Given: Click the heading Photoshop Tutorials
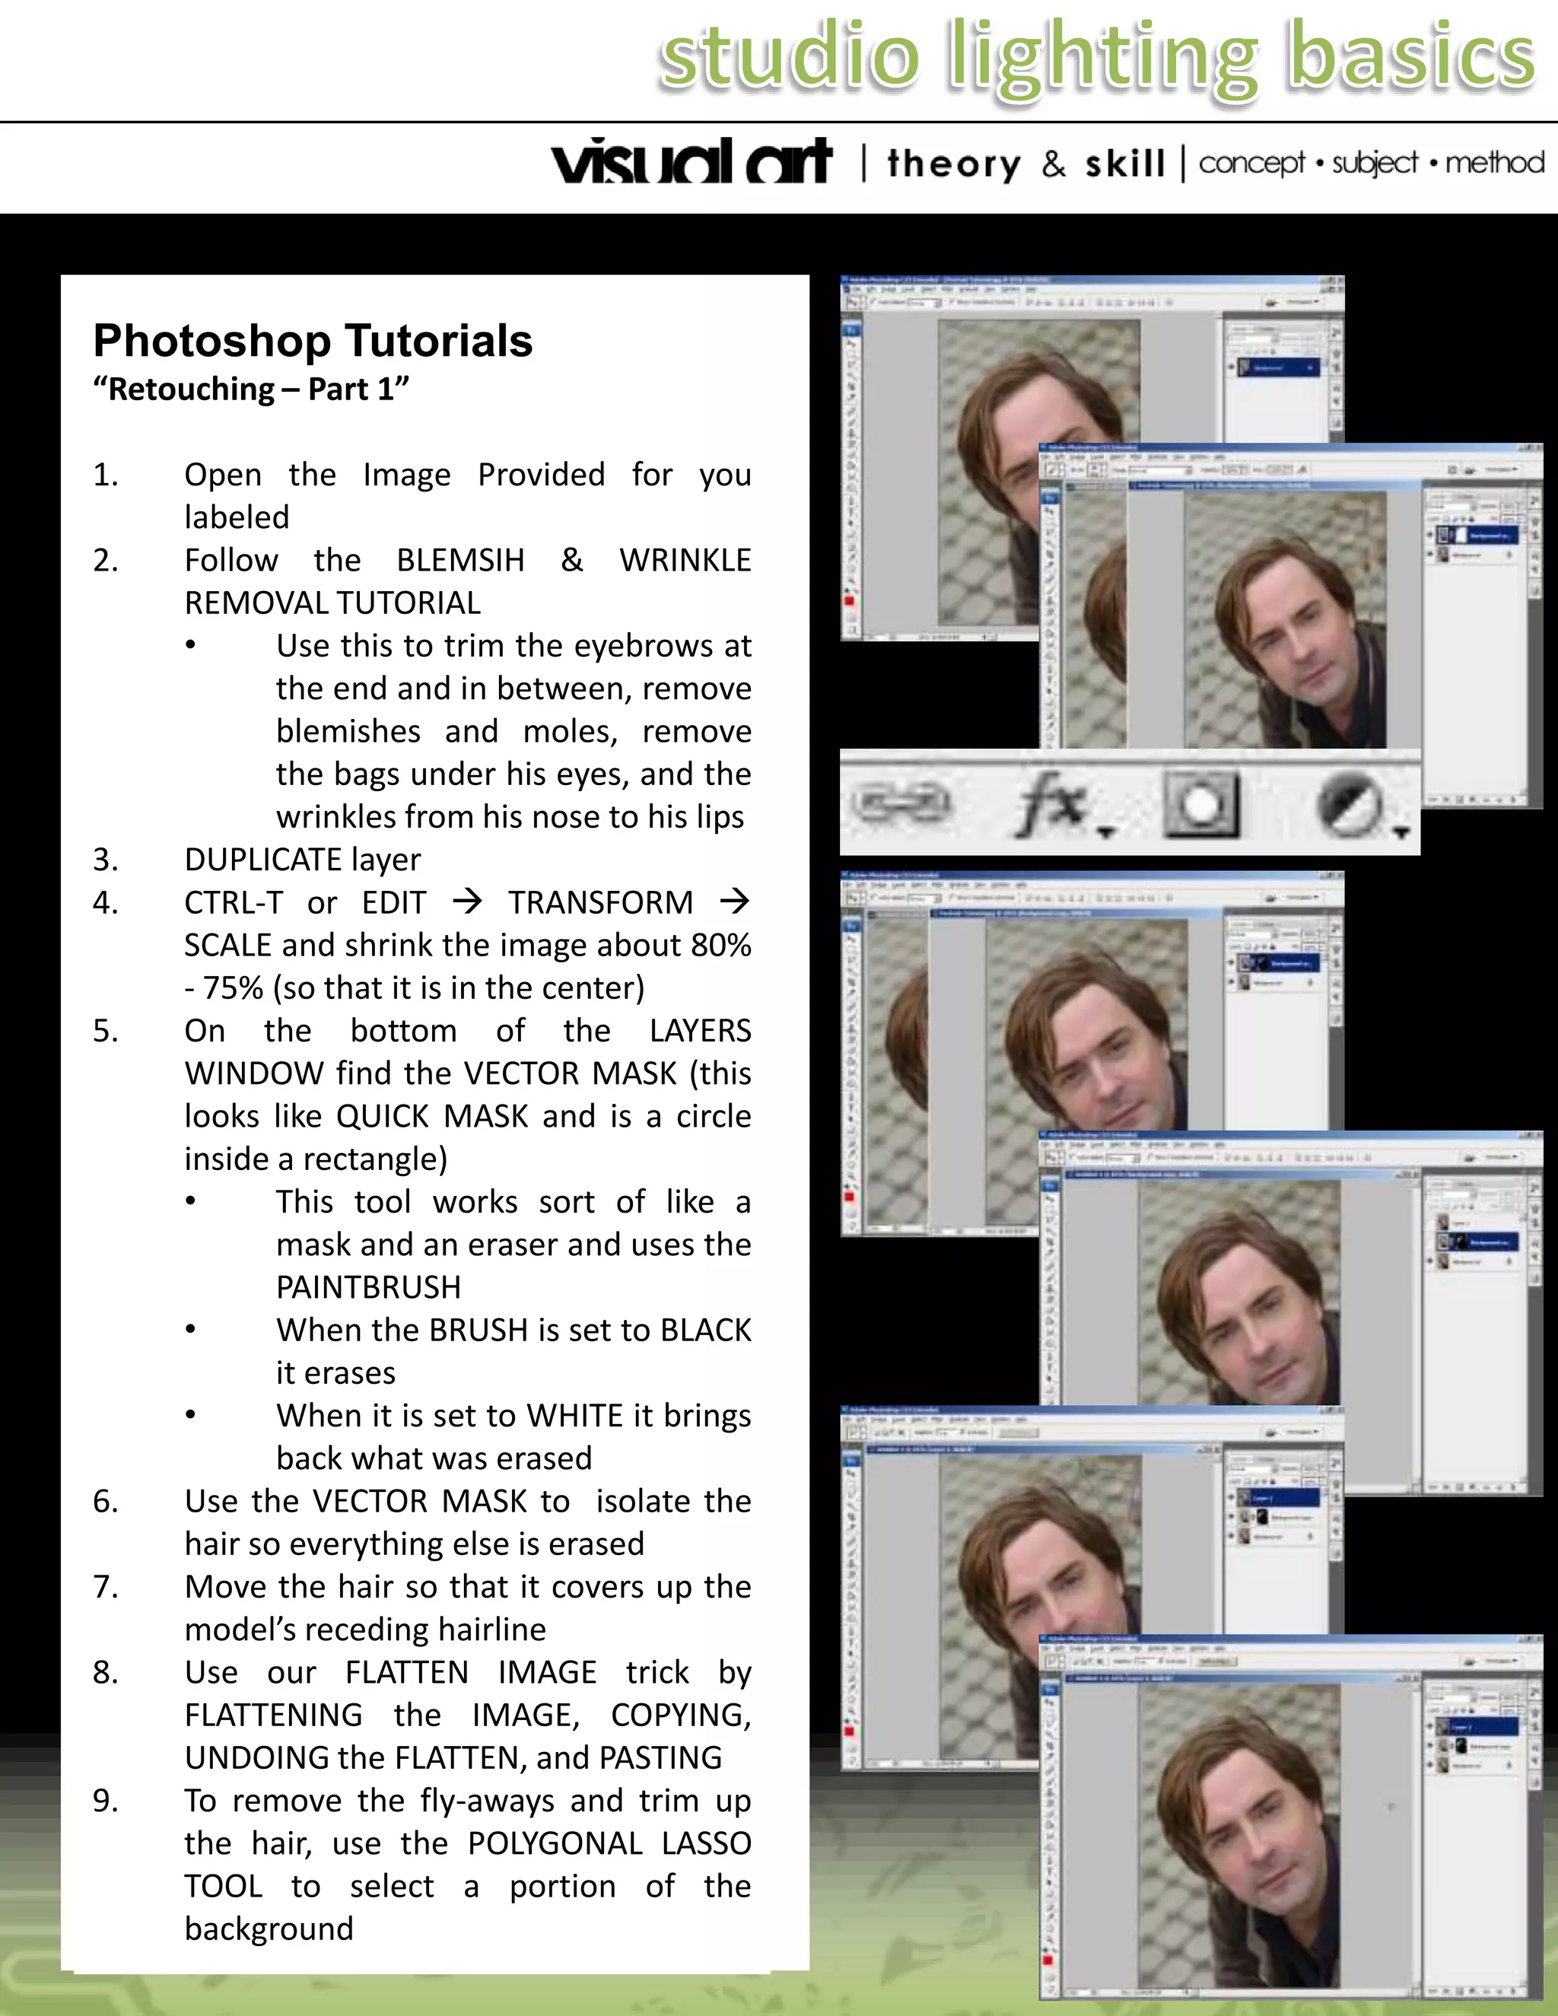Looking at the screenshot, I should (x=313, y=341).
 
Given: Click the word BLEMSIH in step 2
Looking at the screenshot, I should (x=460, y=561).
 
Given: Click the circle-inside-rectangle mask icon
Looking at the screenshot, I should (x=1200, y=803).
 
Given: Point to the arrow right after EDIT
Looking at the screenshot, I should (x=467, y=901).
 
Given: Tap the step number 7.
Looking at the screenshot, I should (x=105, y=1587).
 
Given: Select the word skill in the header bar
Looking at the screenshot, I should (x=1124, y=164).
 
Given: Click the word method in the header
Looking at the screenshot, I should (x=1494, y=163).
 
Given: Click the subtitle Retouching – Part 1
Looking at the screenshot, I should (x=250, y=390).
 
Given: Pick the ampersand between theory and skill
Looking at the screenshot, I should (x=1053, y=164).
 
